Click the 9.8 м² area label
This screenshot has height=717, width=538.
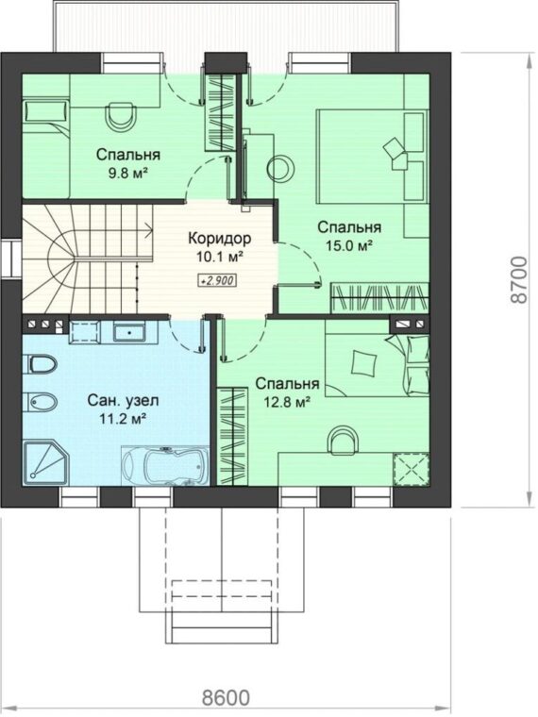coord(127,174)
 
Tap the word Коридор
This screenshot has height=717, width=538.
coord(220,239)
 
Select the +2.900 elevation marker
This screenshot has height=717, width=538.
coord(217,280)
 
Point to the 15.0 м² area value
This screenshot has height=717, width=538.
coord(348,246)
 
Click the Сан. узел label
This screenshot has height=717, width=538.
coord(123,401)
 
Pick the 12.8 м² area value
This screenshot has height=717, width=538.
coord(287,403)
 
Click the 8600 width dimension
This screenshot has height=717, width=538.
coord(227,698)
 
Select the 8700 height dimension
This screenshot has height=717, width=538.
coord(518,280)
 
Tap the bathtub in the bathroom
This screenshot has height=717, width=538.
coord(165,464)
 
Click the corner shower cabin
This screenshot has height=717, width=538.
coord(45,462)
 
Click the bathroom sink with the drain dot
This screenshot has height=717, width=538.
coord(130,332)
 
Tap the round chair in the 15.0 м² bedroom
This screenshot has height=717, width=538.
coord(280,169)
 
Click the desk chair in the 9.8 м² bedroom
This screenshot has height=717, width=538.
coord(121,115)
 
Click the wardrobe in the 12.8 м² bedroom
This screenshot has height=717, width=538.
coord(232,436)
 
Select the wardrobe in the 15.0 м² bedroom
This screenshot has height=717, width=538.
coord(379,298)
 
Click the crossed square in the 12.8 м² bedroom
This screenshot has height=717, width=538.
coord(412,470)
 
